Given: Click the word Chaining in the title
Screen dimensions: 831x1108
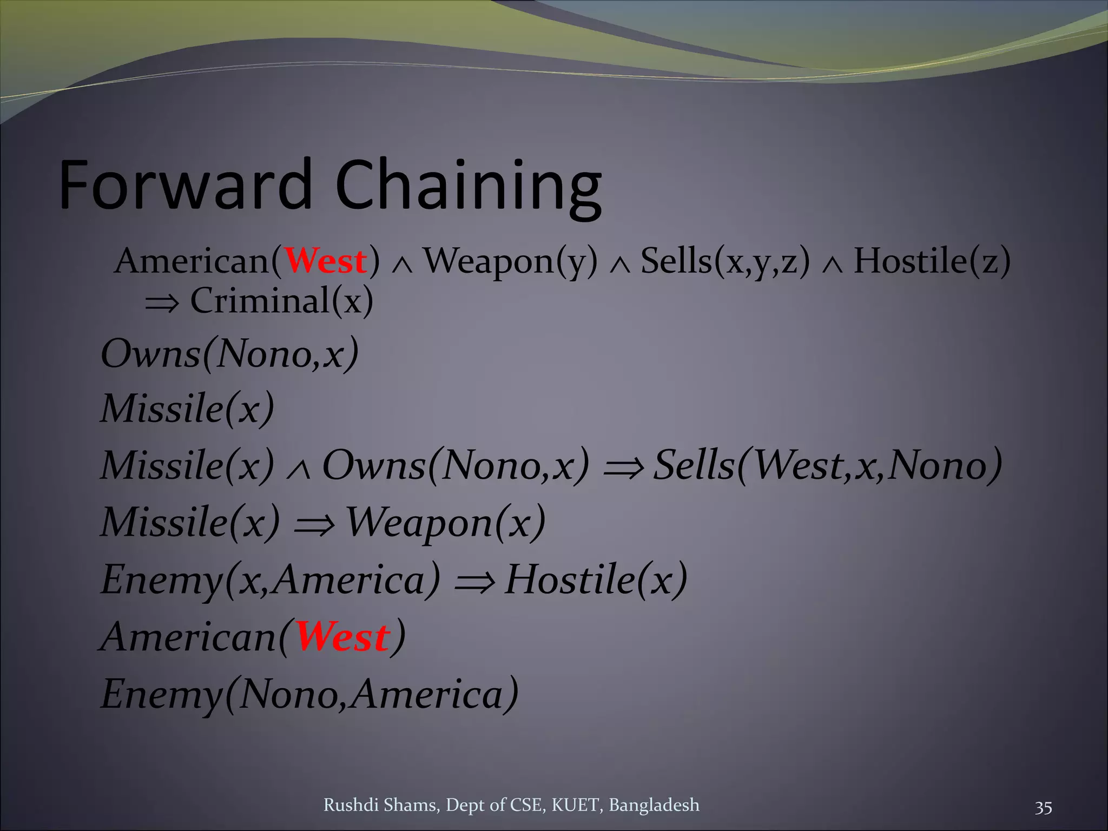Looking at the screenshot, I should [468, 187].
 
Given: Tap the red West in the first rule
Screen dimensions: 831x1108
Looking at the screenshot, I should [326, 261].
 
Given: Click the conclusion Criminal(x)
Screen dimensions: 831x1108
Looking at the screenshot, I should [281, 301].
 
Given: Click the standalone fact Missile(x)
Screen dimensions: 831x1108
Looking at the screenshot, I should [188, 408].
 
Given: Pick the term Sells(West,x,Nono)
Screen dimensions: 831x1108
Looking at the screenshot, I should [827, 465].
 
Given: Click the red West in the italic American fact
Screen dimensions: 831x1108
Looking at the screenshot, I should [342, 637].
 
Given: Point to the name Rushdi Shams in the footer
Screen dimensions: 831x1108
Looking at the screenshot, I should [381, 805].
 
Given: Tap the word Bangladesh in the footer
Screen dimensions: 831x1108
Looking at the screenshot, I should [654, 805].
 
